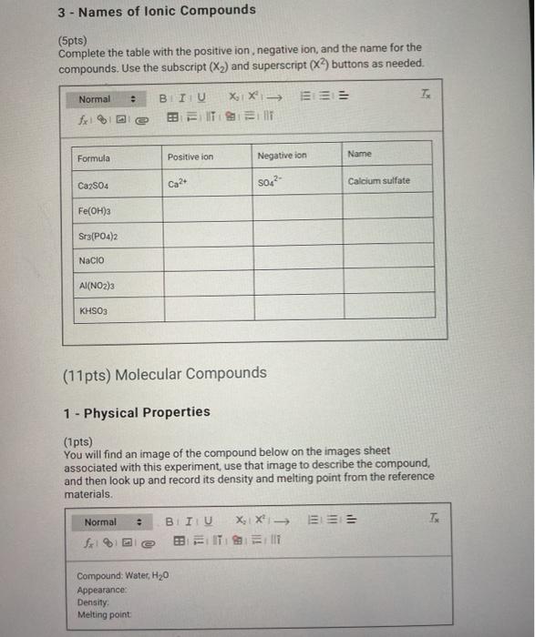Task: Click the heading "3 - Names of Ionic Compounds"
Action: coord(157,11)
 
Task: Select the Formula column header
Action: coord(94,158)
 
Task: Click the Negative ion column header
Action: coord(282,156)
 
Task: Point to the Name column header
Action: coord(359,155)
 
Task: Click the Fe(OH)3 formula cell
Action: coord(96,210)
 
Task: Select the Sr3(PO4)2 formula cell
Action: coord(99,236)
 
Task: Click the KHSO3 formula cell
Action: coord(94,311)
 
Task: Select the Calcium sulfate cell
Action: coord(378,181)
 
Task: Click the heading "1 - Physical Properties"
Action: coord(137,412)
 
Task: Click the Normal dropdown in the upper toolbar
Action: coord(106,99)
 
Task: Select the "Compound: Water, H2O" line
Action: coord(123,576)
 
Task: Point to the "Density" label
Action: coord(93,602)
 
